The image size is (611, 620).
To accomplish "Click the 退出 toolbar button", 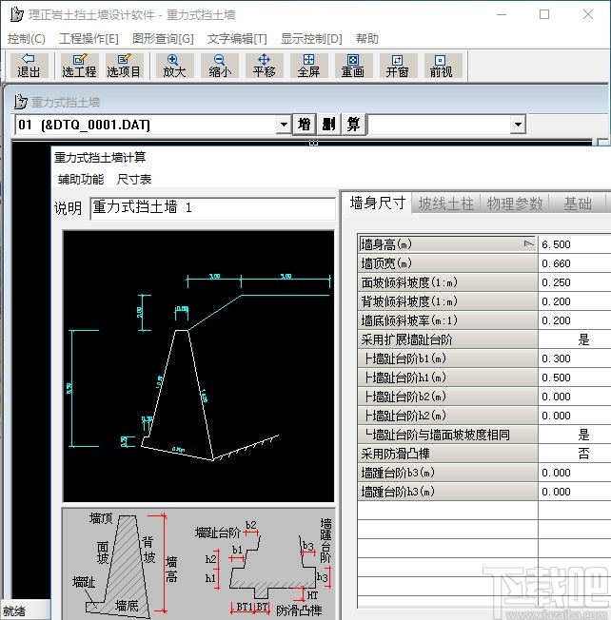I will click(29, 65).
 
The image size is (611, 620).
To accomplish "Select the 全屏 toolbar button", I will click(307, 65).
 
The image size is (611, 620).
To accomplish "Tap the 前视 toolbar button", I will click(441, 65).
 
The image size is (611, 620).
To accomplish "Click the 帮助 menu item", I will click(366, 39).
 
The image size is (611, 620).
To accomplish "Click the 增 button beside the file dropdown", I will click(305, 125).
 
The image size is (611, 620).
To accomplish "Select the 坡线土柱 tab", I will click(445, 203).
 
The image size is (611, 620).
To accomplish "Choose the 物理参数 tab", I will click(515, 203).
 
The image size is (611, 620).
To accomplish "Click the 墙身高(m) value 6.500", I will click(571, 244).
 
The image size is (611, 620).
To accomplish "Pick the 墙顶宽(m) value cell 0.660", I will click(571, 263).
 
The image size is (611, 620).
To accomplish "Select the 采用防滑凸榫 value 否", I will click(583, 454).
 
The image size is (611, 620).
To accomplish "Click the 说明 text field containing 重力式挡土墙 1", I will click(211, 208).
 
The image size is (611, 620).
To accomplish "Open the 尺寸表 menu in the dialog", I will click(134, 179).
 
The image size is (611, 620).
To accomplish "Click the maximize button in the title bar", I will click(544, 14).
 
